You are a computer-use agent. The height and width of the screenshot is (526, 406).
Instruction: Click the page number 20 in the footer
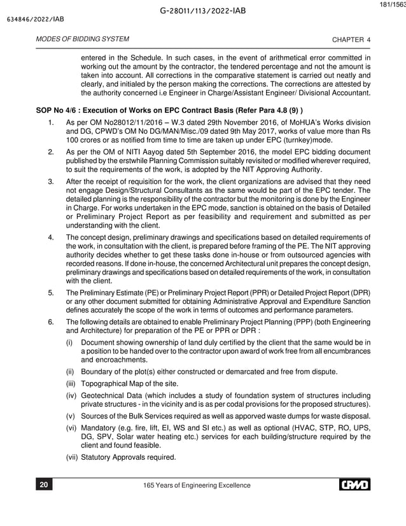point(44,486)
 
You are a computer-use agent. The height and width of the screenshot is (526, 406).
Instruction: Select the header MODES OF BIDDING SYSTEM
point(75,40)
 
